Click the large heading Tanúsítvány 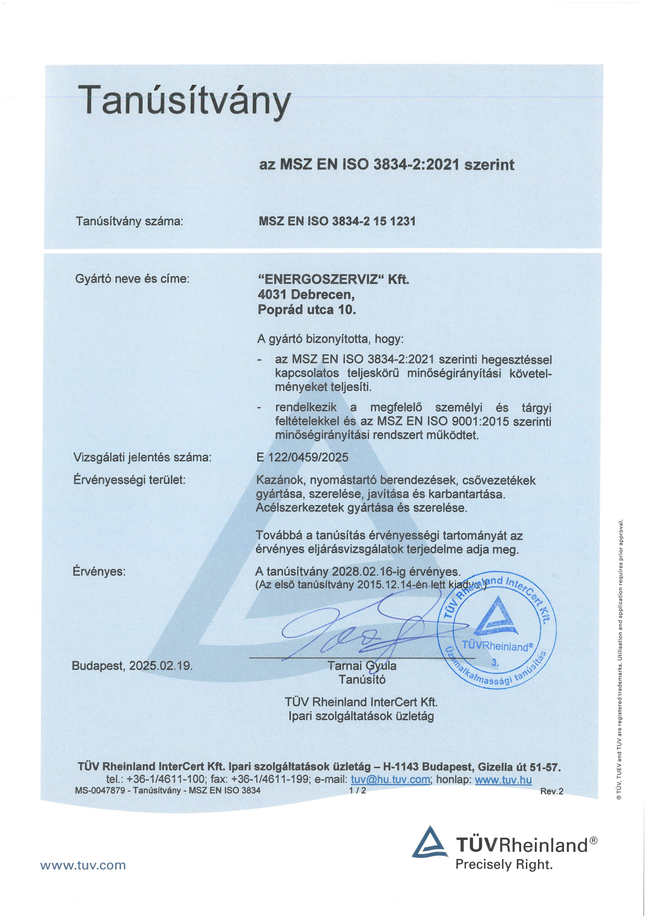[184, 100]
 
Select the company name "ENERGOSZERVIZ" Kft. [334, 279]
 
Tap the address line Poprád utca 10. [307, 309]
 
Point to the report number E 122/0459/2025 [302, 457]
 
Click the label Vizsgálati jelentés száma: [142, 457]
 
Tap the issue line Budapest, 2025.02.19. [132, 666]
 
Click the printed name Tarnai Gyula [362, 666]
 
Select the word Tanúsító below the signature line [362, 679]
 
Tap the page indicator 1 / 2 [357, 790]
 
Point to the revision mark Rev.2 [551, 791]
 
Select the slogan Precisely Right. [504, 864]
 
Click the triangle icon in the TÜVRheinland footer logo [429, 843]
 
